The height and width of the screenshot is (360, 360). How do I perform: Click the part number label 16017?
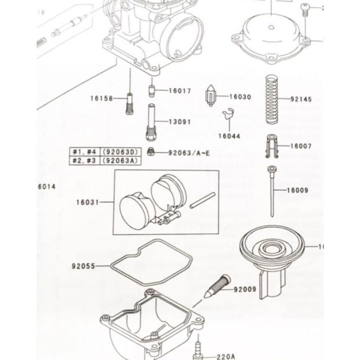point(180,91)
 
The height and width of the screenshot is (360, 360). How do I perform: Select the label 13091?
point(180,122)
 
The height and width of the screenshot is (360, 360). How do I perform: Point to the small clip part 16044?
point(228,116)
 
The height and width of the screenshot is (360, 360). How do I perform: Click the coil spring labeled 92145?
point(274,99)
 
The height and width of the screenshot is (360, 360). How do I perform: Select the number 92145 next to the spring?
point(301,99)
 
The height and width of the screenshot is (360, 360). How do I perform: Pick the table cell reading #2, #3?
point(85,160)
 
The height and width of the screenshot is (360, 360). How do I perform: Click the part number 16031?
point(87,202)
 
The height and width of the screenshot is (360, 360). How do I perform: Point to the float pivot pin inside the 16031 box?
point(202,200)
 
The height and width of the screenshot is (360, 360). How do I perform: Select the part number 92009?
point(245,290)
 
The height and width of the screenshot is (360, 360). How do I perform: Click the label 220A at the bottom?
point(225,357)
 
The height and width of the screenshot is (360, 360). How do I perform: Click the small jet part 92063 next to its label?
point(150,152)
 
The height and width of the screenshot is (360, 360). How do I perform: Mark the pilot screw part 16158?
point(129,103)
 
